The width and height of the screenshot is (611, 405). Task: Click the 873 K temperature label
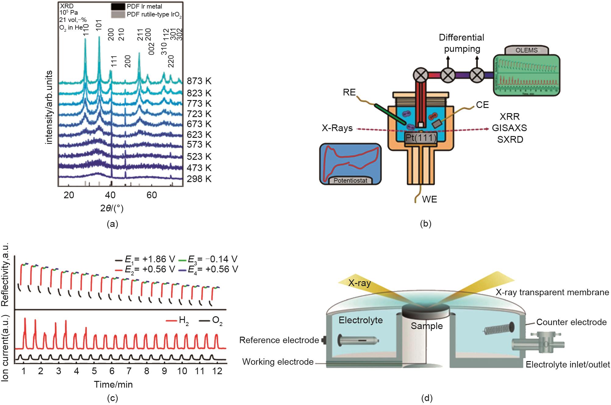click(199, 81)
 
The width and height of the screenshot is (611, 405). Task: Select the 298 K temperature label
click(199, 179)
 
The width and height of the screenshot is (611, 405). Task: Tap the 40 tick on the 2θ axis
click(110, 195)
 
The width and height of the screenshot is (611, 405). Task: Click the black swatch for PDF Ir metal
click(117, 6)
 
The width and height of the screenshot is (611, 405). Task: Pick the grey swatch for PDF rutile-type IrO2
click(117, 14)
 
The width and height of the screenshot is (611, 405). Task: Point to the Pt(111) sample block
click(421, 138)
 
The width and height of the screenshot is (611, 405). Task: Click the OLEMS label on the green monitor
click(527, 50)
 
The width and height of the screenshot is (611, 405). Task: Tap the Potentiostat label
click(350, 181)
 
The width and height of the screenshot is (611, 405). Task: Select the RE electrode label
click(349, 92)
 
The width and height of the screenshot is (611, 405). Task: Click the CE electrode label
click(482, 105)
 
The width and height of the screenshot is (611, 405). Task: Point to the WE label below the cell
click(429, 199)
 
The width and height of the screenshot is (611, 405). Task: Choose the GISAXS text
click(509, 128)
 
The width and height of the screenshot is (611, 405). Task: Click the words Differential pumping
click(461, 43)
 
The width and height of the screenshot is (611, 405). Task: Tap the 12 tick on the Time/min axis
click(217, 371)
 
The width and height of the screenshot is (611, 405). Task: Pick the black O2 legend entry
click(211, 321)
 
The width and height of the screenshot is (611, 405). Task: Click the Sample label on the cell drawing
click(426, 326)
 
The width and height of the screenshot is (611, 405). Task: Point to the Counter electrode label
click(571, 322)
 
